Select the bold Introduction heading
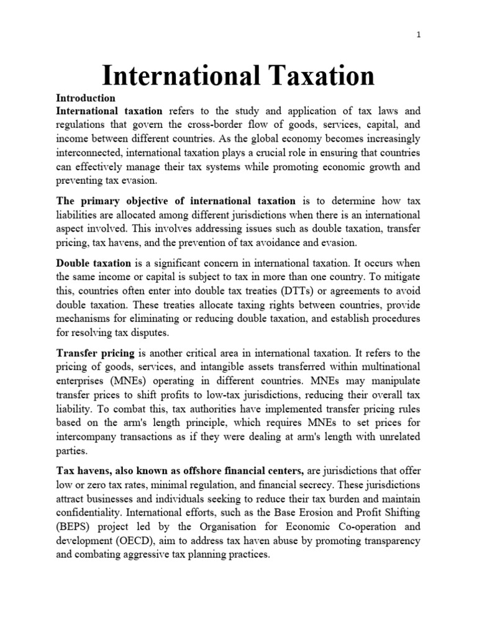click(x=86, y=98)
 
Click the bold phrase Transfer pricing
click(x=94, y=353)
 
